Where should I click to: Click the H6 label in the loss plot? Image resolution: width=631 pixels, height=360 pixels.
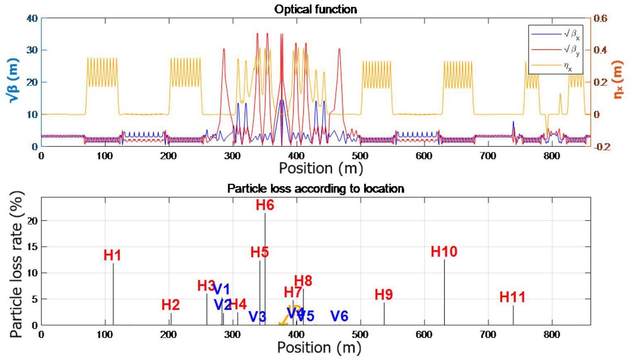click(x=265, y=205)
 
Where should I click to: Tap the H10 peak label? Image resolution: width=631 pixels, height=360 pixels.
click(x=444, y=252)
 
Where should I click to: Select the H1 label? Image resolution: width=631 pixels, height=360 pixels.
click(x=112, y=256)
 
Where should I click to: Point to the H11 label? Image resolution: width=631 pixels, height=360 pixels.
click(x=512, y=297)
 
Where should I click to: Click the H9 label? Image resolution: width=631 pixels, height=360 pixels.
click(x=383, y=295)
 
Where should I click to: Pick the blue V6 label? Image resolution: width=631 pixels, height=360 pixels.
click(x=339, y=316)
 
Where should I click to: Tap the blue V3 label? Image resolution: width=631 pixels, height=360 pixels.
click(x=257, y=317)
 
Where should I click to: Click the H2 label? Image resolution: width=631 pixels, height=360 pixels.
click(x=170, y=305)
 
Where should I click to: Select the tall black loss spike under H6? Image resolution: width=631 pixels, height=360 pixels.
click(x=265, y=269)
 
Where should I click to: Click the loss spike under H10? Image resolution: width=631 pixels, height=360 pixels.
click(x=445, y=292)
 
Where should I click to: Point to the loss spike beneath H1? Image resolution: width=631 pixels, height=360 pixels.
click(x=113, y=294)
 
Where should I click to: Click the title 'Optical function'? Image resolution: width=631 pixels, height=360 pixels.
click(x=315, y=9)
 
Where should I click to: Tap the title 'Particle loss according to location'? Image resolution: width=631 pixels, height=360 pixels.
click(x=315, y=189)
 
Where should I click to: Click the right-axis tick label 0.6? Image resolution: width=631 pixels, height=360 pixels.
click(x=600, y=18)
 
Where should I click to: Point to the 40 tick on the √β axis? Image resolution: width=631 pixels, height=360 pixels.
click(x=32, y=18)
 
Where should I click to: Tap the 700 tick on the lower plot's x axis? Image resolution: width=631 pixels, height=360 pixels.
click(x=488, y=335)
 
